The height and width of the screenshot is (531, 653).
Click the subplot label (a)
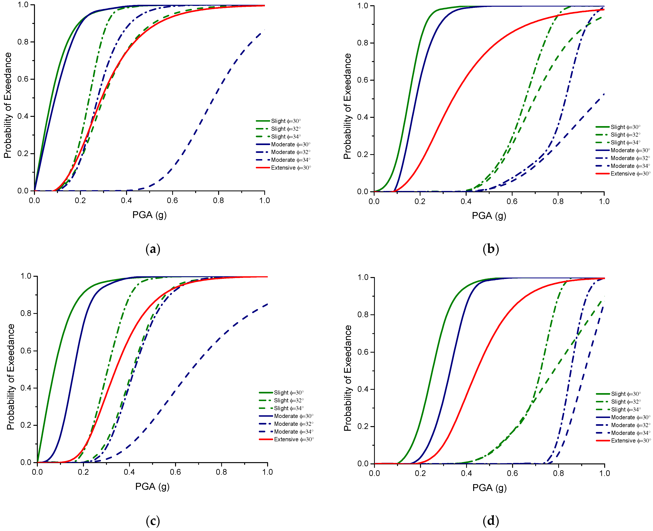[x=153, y=249]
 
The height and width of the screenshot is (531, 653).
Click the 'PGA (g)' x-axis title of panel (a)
[x=149, y=215]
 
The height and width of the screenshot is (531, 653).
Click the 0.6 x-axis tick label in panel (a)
[x=172, y=201]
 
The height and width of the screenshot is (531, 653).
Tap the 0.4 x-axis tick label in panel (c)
[x=129, y=472]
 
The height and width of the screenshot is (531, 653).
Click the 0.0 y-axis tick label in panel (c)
[x=26, y=462]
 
